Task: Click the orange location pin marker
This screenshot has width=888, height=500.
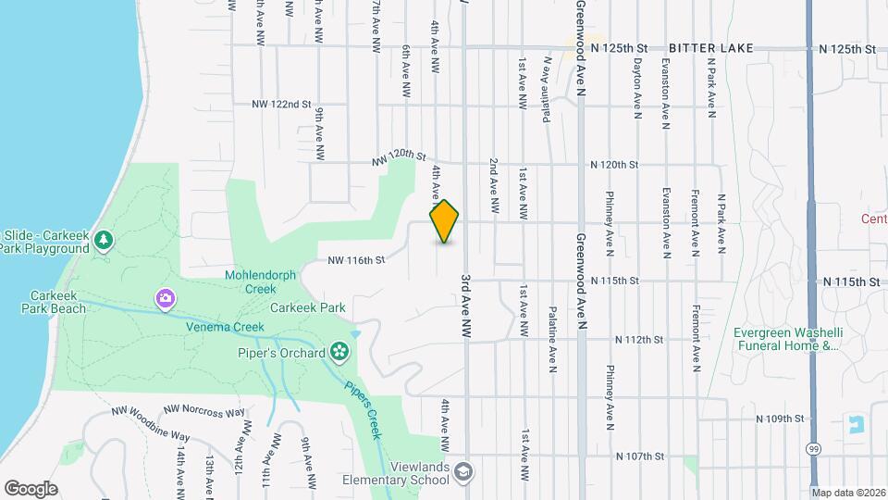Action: click(x=444, y=221)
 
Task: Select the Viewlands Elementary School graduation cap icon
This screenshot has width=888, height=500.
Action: click(x=462, y=472)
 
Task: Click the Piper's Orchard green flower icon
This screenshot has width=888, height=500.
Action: click(x=339, y=352)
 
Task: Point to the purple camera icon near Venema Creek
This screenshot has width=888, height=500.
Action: click(x=165, y=298)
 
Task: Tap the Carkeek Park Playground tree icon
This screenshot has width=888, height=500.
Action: click(x=105, y=241)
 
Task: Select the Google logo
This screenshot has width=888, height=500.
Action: click(x=31, y=488)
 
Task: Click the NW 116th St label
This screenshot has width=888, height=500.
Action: click(x=355, y=261)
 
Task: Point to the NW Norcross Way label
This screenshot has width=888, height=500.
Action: click(x=203, y=410)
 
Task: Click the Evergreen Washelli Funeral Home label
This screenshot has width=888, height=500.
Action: click(x=784, y=340)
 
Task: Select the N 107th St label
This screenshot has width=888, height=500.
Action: click(x=641, y=456)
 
